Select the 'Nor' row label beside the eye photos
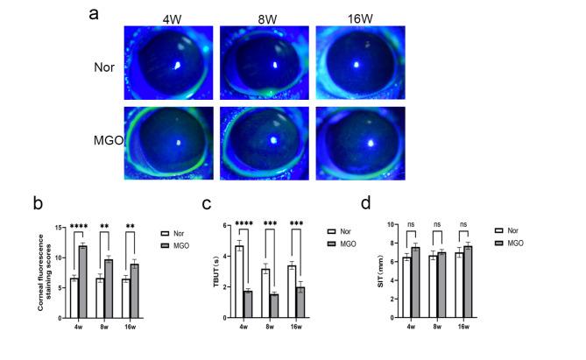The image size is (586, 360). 104,65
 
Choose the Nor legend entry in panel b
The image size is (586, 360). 173,233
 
